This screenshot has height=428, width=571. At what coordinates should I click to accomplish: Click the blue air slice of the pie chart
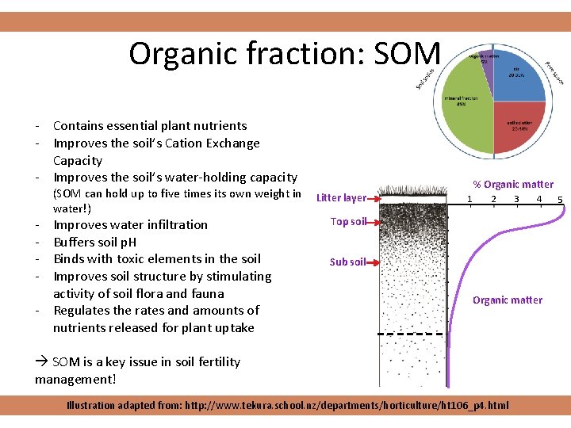[519, 79]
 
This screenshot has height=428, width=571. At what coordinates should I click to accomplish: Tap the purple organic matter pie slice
[484, 59]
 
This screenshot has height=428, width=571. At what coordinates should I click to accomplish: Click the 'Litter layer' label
[341, 198]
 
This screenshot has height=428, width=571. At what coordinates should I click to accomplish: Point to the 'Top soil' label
[348, 222]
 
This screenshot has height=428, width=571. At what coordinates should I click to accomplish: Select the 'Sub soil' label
[348, 262]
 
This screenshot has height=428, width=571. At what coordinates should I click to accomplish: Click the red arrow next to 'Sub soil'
[373, 262]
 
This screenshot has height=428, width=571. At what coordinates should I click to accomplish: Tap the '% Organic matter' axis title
[513, 184]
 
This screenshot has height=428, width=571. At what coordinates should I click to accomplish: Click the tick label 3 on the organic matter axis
[516, 198]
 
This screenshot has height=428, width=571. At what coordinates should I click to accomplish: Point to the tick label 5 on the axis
[560, 199]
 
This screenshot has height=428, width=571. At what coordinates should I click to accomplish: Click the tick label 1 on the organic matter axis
[470, 198]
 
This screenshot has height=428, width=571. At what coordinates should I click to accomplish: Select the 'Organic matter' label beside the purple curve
[508, 300]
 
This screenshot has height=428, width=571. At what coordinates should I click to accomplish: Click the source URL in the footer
[347, 405]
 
